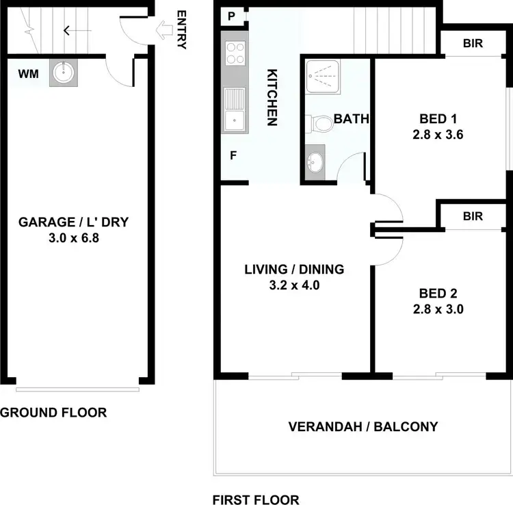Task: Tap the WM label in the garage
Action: coord(27,73)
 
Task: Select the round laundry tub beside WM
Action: coord(64,73)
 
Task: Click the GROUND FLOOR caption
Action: coord(53,412)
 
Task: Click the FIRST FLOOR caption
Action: coord(256,500)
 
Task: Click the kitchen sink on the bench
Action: coord(235,109)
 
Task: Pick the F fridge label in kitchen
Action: coord(233,155)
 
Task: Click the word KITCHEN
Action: coord(271,96)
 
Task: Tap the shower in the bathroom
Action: coord(328,77)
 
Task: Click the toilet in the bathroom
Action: coord(319,123)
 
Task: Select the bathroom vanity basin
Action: coord(315,163)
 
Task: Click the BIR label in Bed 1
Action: coord(473,44)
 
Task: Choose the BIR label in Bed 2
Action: coord(473,216)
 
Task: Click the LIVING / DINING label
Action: coord(294,269)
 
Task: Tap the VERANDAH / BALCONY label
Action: coord(363,427)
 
